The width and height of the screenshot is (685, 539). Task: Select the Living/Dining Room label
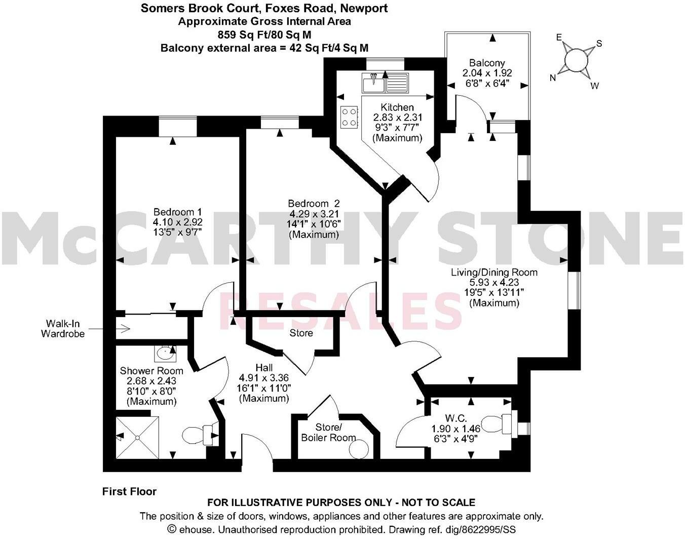pyautogui.click(x=494, y=273)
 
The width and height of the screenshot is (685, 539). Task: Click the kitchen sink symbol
pyautogui.click(x=385, y=83)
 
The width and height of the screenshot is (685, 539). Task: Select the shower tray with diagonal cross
pyautogui.click(x=137, y=437)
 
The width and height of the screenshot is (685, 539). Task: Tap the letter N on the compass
pyautogui.click(x=553, y=78)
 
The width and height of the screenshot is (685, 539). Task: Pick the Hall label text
pyautogui.click(x=264, y=368)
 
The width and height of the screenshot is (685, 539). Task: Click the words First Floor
pyautogui.click(x=130, y=491)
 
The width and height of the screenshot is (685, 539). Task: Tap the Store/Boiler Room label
pyautogui.click(x=328, y=433)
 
